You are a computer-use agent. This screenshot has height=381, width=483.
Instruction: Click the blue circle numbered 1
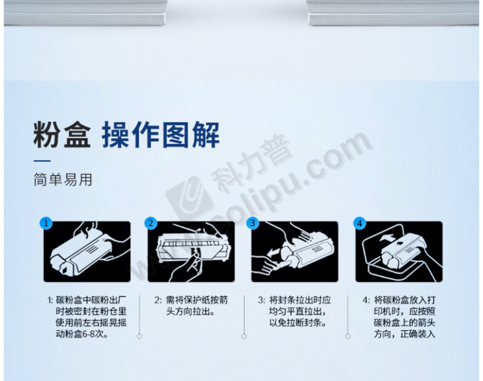46,223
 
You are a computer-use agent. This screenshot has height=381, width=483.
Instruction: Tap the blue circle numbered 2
150,223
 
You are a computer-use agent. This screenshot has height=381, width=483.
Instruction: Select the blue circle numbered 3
253,223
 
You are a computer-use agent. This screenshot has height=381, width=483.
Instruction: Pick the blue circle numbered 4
359,223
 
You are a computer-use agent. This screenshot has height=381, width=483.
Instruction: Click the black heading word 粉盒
62,135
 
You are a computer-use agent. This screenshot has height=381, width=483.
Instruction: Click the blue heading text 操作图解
160,135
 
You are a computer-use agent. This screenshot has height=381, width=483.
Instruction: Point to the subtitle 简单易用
63,180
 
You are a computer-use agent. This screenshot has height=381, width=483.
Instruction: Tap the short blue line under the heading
42,161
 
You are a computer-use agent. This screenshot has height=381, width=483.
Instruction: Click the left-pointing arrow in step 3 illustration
274,253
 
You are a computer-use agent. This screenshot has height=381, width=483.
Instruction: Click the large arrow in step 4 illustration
387,237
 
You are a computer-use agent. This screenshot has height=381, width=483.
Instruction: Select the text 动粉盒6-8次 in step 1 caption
82,334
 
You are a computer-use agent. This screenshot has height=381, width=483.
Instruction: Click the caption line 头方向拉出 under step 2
190,311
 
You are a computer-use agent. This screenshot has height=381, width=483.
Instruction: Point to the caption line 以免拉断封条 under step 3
298,322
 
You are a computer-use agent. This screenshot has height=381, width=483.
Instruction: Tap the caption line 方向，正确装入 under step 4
405,334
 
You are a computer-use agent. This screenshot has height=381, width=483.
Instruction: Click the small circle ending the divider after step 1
139,336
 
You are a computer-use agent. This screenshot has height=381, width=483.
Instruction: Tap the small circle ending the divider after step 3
348,336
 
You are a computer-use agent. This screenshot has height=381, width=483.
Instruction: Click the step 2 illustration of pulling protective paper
191,251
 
